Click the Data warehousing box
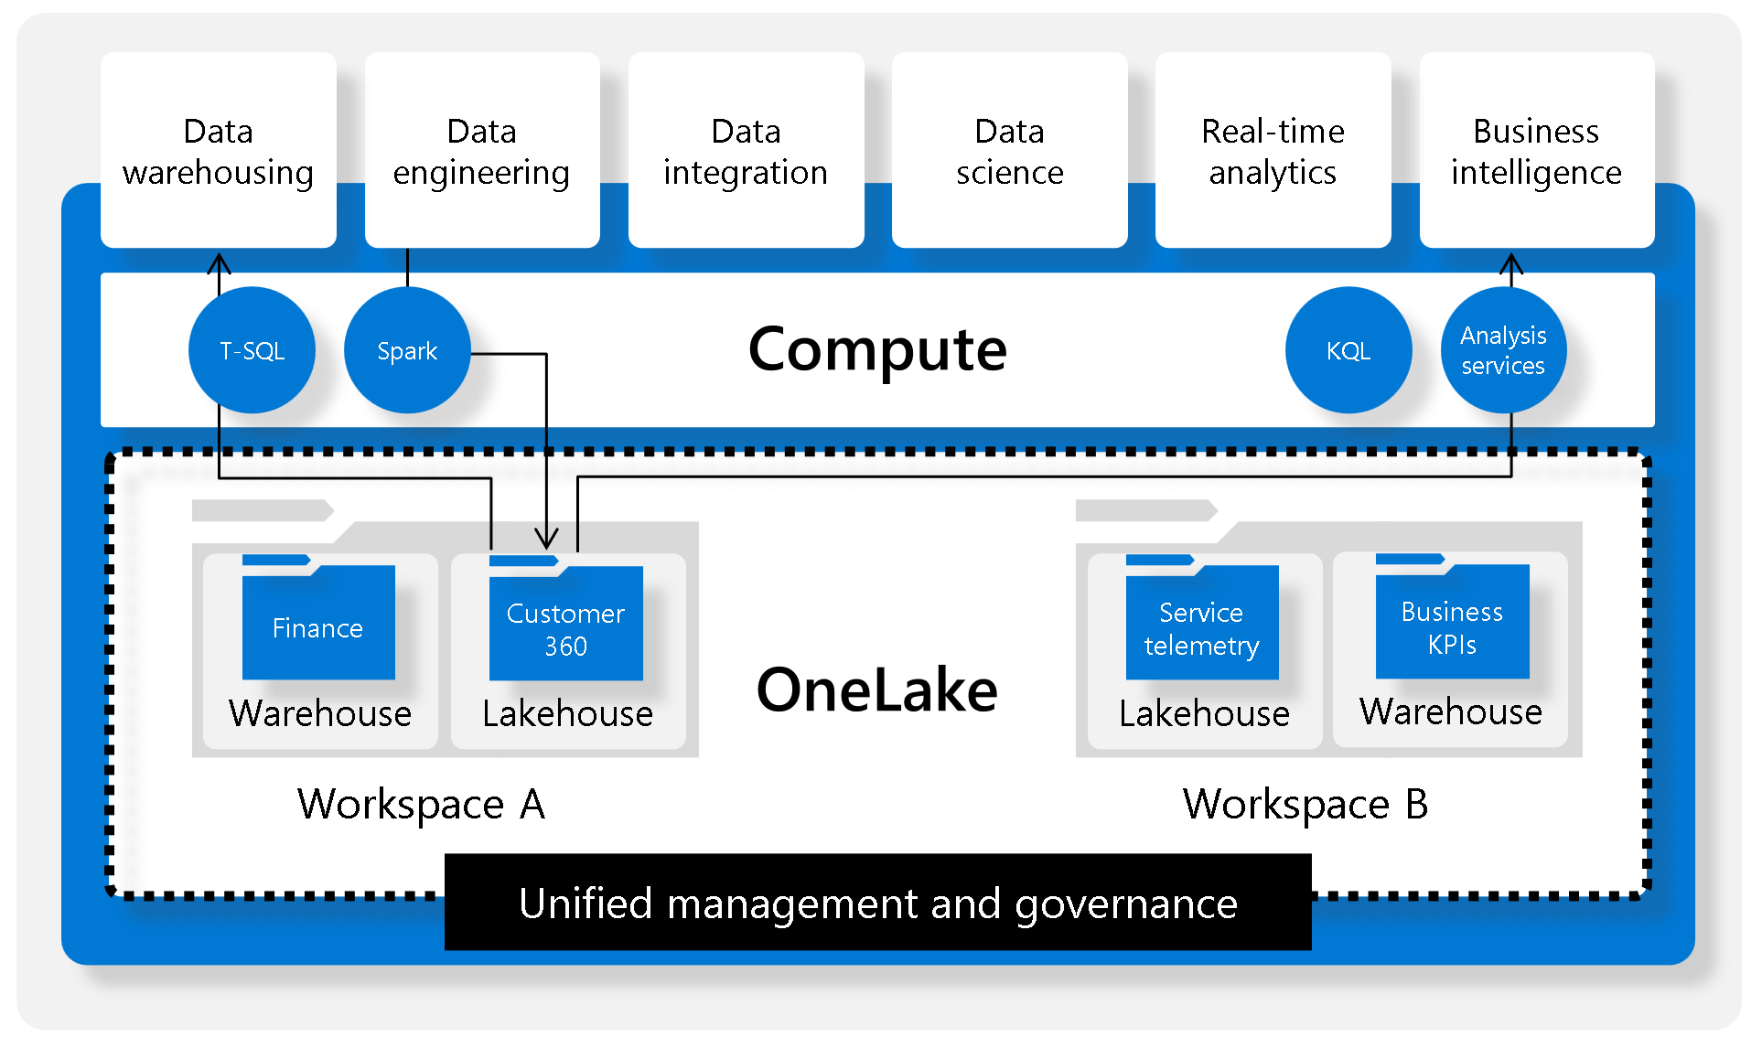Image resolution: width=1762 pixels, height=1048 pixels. pos(218,151)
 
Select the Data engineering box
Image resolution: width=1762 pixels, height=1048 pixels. pos(481,151)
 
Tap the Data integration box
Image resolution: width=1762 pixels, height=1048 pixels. pos(746,151)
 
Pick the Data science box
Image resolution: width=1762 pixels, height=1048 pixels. pos(1009,151)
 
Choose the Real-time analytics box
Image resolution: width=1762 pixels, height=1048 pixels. pos(1273,151)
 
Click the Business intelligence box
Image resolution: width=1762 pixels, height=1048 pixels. pos(1536,151)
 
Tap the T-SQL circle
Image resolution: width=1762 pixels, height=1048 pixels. pos(252,350)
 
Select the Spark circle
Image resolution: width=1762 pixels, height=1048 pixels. pos(407,350)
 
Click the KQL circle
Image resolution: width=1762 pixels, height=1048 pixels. pos(1348,350)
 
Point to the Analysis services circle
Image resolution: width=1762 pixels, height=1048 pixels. pos(1503,350)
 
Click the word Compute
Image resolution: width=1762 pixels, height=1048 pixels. pos(876,349)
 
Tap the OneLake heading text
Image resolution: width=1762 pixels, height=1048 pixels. pos(876,690)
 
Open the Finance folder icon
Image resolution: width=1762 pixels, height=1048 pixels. pos(318,622)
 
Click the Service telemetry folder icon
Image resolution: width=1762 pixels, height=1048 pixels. pos(1201,623)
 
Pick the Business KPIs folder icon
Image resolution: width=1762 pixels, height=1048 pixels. pos(1452,622)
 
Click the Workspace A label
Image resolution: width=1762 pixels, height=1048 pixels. pos(421,805)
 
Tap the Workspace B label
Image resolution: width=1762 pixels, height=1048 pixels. pos(1305,805)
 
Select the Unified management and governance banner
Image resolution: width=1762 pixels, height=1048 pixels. pos(877,903)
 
